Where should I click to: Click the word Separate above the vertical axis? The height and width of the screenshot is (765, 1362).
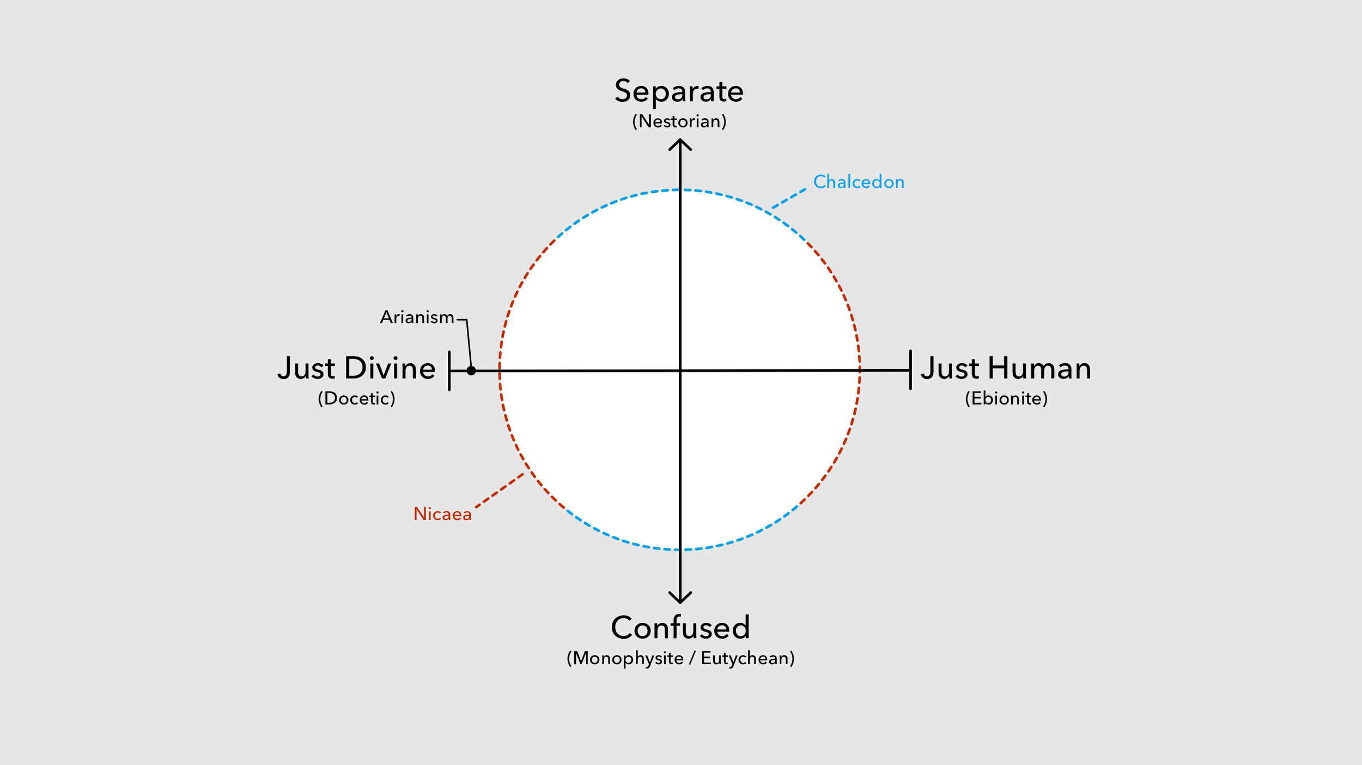click(679, 91)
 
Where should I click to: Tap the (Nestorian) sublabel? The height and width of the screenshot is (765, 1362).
click(679, 121)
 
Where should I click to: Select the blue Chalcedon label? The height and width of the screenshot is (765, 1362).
click(859, 182)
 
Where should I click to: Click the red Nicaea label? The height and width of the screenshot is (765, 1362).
click(442, 514)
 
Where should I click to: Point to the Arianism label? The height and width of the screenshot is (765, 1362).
click(417, 317)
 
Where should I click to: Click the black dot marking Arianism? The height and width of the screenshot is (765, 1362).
click(471, 371)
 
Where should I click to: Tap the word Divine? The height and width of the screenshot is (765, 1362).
click(390, 369)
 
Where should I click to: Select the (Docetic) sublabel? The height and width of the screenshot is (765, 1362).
click(356, 399)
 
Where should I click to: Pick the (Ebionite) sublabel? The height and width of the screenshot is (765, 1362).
click(1006, 399)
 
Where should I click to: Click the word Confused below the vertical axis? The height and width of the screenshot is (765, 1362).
click(680, 628)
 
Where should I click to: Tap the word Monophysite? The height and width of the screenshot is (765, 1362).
click(628, 658)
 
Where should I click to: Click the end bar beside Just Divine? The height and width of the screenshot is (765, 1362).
click(449, 371)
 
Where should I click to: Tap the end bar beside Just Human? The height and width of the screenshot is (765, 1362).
click(910, 370)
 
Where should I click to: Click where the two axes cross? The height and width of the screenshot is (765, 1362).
click(680, 371)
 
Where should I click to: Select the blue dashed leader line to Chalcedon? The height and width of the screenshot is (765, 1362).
click(789, 198)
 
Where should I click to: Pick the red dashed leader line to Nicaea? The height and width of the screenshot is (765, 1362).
click(500, 490)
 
